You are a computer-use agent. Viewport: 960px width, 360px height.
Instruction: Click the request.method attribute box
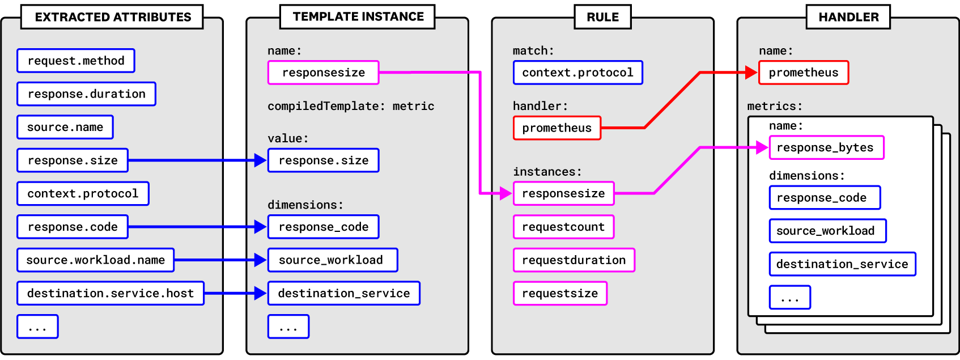click(x=76, y=61)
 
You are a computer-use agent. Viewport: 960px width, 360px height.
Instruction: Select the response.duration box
click(x=86, y=94)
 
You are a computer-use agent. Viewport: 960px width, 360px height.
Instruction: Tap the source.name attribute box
click(x=65, y=127)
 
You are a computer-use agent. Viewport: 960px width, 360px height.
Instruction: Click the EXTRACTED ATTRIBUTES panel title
click(x=113, y=17)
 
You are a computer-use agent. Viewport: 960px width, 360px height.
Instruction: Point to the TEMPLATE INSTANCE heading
click(x=358, y=16)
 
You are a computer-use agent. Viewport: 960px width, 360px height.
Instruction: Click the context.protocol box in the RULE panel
click(x=577, y=73)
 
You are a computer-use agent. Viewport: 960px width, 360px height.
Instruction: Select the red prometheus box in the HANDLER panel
click(x=803, y=73)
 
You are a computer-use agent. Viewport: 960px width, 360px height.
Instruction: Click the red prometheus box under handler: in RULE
click(x=557, y=128)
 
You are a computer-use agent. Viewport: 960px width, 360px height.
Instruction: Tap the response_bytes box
click(x=826, y=147)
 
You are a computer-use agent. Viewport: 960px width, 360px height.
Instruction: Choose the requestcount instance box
click(x=563, y=227)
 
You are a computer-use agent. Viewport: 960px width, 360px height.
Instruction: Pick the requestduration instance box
click(x=574, y=260)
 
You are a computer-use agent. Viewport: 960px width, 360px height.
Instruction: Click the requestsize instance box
click(x=560, y=294)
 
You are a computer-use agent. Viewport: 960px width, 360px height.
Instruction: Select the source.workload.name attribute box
click(x=95, y=260)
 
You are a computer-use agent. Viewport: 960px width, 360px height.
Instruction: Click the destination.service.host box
click(x=111, y=294)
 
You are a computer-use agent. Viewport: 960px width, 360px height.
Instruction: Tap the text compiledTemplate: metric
click(x=351, y=106)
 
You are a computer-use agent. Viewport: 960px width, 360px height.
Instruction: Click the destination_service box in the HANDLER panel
click(x=842, y=264)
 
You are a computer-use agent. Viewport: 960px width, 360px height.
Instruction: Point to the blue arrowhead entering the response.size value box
click(x=261, y=160)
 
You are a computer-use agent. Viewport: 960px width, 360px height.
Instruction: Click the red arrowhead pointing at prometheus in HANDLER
click(x=751, y=73)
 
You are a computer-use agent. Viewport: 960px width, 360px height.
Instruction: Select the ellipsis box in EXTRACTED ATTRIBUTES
click(x=37, y=327)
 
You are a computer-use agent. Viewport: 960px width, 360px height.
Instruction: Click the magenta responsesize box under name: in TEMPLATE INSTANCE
click(x=323, y=73)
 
